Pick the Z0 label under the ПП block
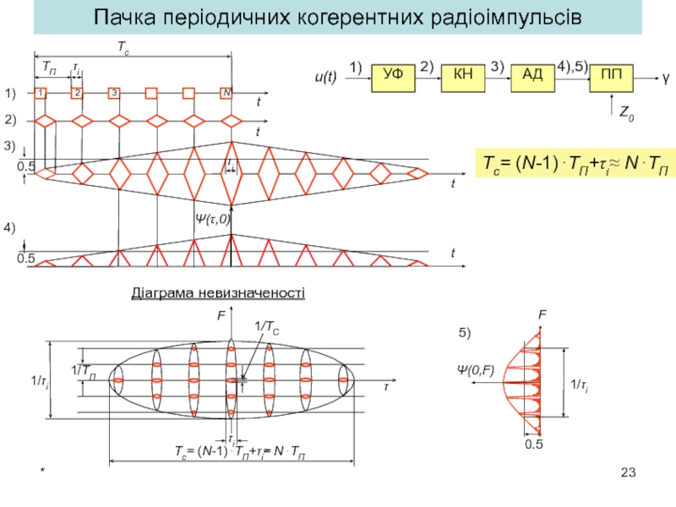(627, 112)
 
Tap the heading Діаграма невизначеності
(217, 293)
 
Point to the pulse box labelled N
(226, 93)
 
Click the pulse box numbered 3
(114, 93)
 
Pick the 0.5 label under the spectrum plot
(533, 444)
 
